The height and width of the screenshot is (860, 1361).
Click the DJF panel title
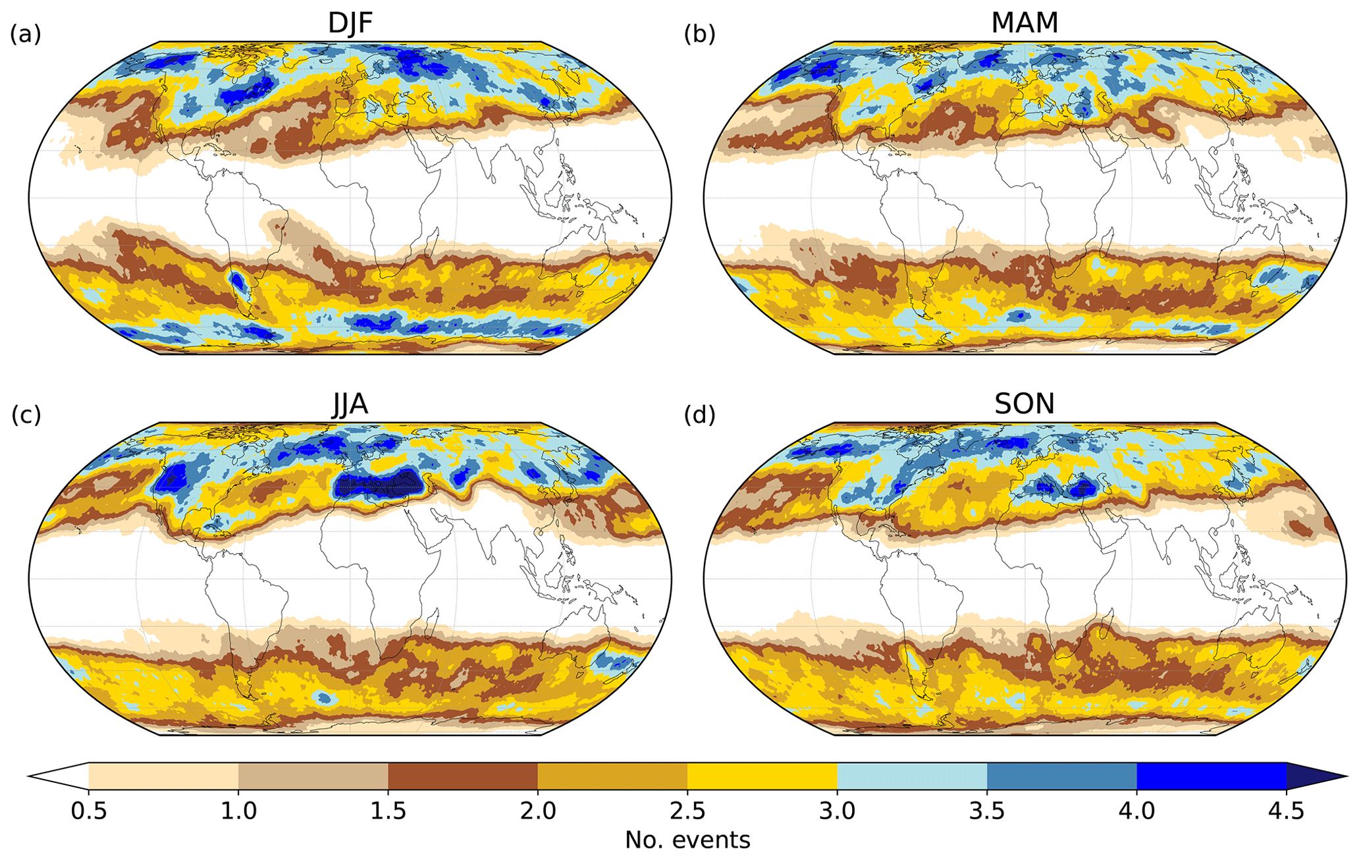point(350,23)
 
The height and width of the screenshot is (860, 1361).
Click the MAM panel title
point(1025,23)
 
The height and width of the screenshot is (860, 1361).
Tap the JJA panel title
point(350,404)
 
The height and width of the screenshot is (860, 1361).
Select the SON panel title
point(1025,404)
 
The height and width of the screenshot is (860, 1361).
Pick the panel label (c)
point(26,415)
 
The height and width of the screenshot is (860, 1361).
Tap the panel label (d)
point(699,415)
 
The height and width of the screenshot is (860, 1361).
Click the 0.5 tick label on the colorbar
point(89,811)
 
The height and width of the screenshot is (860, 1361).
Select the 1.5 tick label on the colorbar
point(388,811)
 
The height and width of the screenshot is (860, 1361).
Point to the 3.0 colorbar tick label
point(838,811)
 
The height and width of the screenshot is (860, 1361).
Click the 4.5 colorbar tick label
point(1286,811)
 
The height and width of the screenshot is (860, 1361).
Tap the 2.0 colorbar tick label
point(538,811)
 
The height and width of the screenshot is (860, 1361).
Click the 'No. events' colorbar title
point(687,840)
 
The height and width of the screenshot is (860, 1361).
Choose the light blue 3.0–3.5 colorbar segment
point(912,776)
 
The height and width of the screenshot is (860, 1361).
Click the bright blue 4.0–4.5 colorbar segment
point(1212,776)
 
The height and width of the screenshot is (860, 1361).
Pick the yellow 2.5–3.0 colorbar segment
point(762,776)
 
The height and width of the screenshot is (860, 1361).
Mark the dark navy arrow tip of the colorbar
point(1314,776)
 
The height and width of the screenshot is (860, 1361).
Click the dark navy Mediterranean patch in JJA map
point(375,486)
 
